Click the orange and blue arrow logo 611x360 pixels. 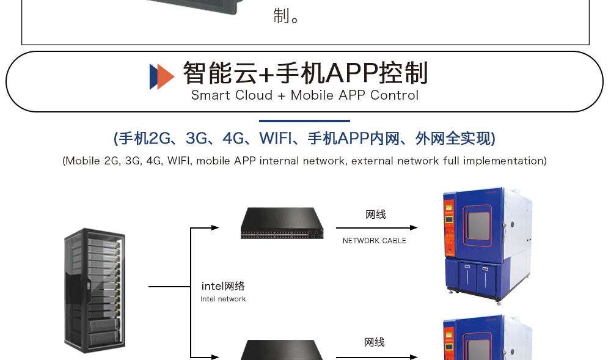(x=162, y=76)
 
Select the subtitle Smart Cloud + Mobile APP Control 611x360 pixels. (x=305, y=95)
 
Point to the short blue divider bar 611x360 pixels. (x=304, y=121)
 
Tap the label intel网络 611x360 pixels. (x=223, y=286)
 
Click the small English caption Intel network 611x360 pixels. (x=223, y=299)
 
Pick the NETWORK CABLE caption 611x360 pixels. (x=375, y=241)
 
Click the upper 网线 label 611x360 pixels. (x=376, y=215)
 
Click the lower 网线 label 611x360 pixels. (x=375, y=342)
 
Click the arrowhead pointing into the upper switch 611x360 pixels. (x=215, y=228)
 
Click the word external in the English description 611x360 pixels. (x=372, y=161)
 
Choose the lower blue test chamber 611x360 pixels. (x=486, y=339)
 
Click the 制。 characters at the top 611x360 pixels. (x=286, y=16)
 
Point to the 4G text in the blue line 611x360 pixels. (x=233, y=139)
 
